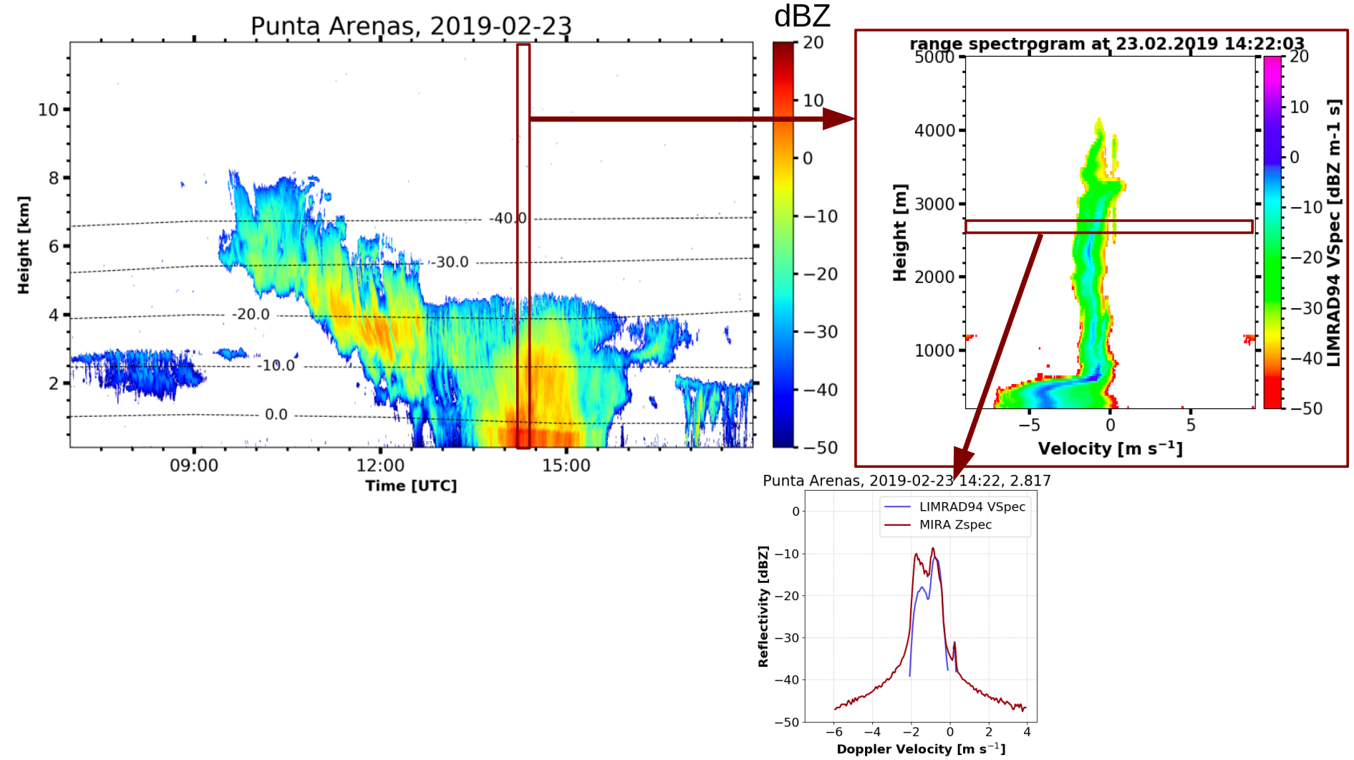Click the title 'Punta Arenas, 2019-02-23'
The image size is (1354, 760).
click(x=411, y=26)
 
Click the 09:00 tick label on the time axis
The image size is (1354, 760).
click(x=193, y=466)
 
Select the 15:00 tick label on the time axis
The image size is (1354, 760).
click(x=566, y=466)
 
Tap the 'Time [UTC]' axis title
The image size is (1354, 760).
click(x=410, y=486)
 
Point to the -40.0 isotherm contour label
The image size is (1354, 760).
click(x=508, y=218)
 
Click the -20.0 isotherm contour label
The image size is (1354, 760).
click(x=251, y=314)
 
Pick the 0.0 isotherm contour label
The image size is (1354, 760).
click(x=276, y=415)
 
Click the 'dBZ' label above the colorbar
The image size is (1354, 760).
click(x=802, y=16)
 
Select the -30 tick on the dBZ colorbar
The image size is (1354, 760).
click(x=821, y=332)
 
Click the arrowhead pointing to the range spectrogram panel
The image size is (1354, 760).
click(x=838, y=119)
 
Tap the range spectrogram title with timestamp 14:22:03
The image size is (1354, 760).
click(x=1106, y=44)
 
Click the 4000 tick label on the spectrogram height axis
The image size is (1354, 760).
click(x=934, y=130)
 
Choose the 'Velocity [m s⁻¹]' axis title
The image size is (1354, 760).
click(x=1110, y=449)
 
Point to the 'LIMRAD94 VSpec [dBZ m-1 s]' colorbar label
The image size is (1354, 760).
click(x=1333, y=233)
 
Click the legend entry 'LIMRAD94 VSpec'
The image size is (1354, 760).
click(x=972, y=507)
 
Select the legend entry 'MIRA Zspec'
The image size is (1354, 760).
click(x=955, y=525)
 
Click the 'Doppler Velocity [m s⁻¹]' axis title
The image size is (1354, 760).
click(x=921, y=749)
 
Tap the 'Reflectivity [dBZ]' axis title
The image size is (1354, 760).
click(x=763, y=606)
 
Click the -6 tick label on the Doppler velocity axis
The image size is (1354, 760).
click(x=833, y=732)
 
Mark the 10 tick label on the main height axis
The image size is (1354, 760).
click(x=48, y=110)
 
